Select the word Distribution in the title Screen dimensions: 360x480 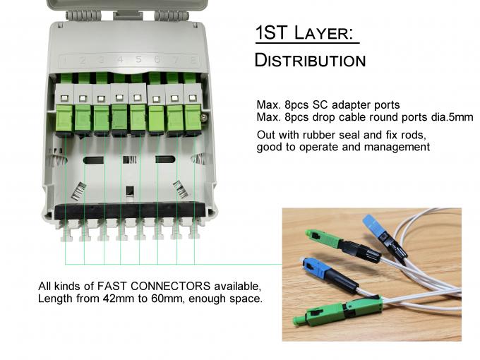click(x=310, y=61)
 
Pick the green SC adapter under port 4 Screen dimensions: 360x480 click(x=119, y=117)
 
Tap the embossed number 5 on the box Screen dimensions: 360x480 click(x=138, y=61)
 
